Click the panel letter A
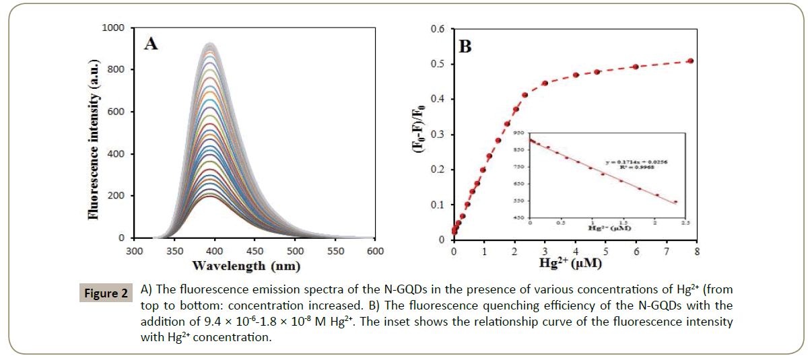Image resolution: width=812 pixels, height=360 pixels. tap(151, 44)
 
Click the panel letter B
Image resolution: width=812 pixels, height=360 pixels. tap(465, 47)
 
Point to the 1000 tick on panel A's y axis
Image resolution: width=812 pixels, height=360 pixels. tap(113, 28)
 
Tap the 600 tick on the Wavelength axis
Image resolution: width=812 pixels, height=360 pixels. tap(375, 251)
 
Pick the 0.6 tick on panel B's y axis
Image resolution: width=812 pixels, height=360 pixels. tap(438, 30)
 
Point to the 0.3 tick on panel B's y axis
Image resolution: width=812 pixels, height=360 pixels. tap(438, 135)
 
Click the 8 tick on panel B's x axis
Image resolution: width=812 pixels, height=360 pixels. tap(696, 252)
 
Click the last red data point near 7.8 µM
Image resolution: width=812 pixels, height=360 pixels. tap(690, 61)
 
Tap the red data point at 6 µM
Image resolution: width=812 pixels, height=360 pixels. tap(636, 67)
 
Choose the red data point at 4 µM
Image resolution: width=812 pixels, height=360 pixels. tap(576, 75)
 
